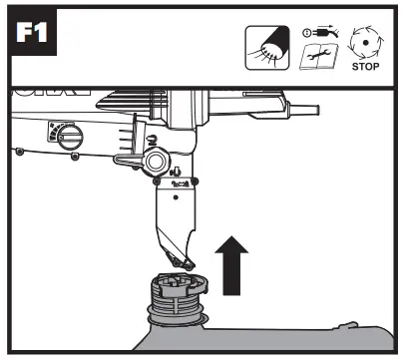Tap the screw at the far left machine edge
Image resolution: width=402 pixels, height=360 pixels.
pyautogui.click(x=20, y=152)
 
